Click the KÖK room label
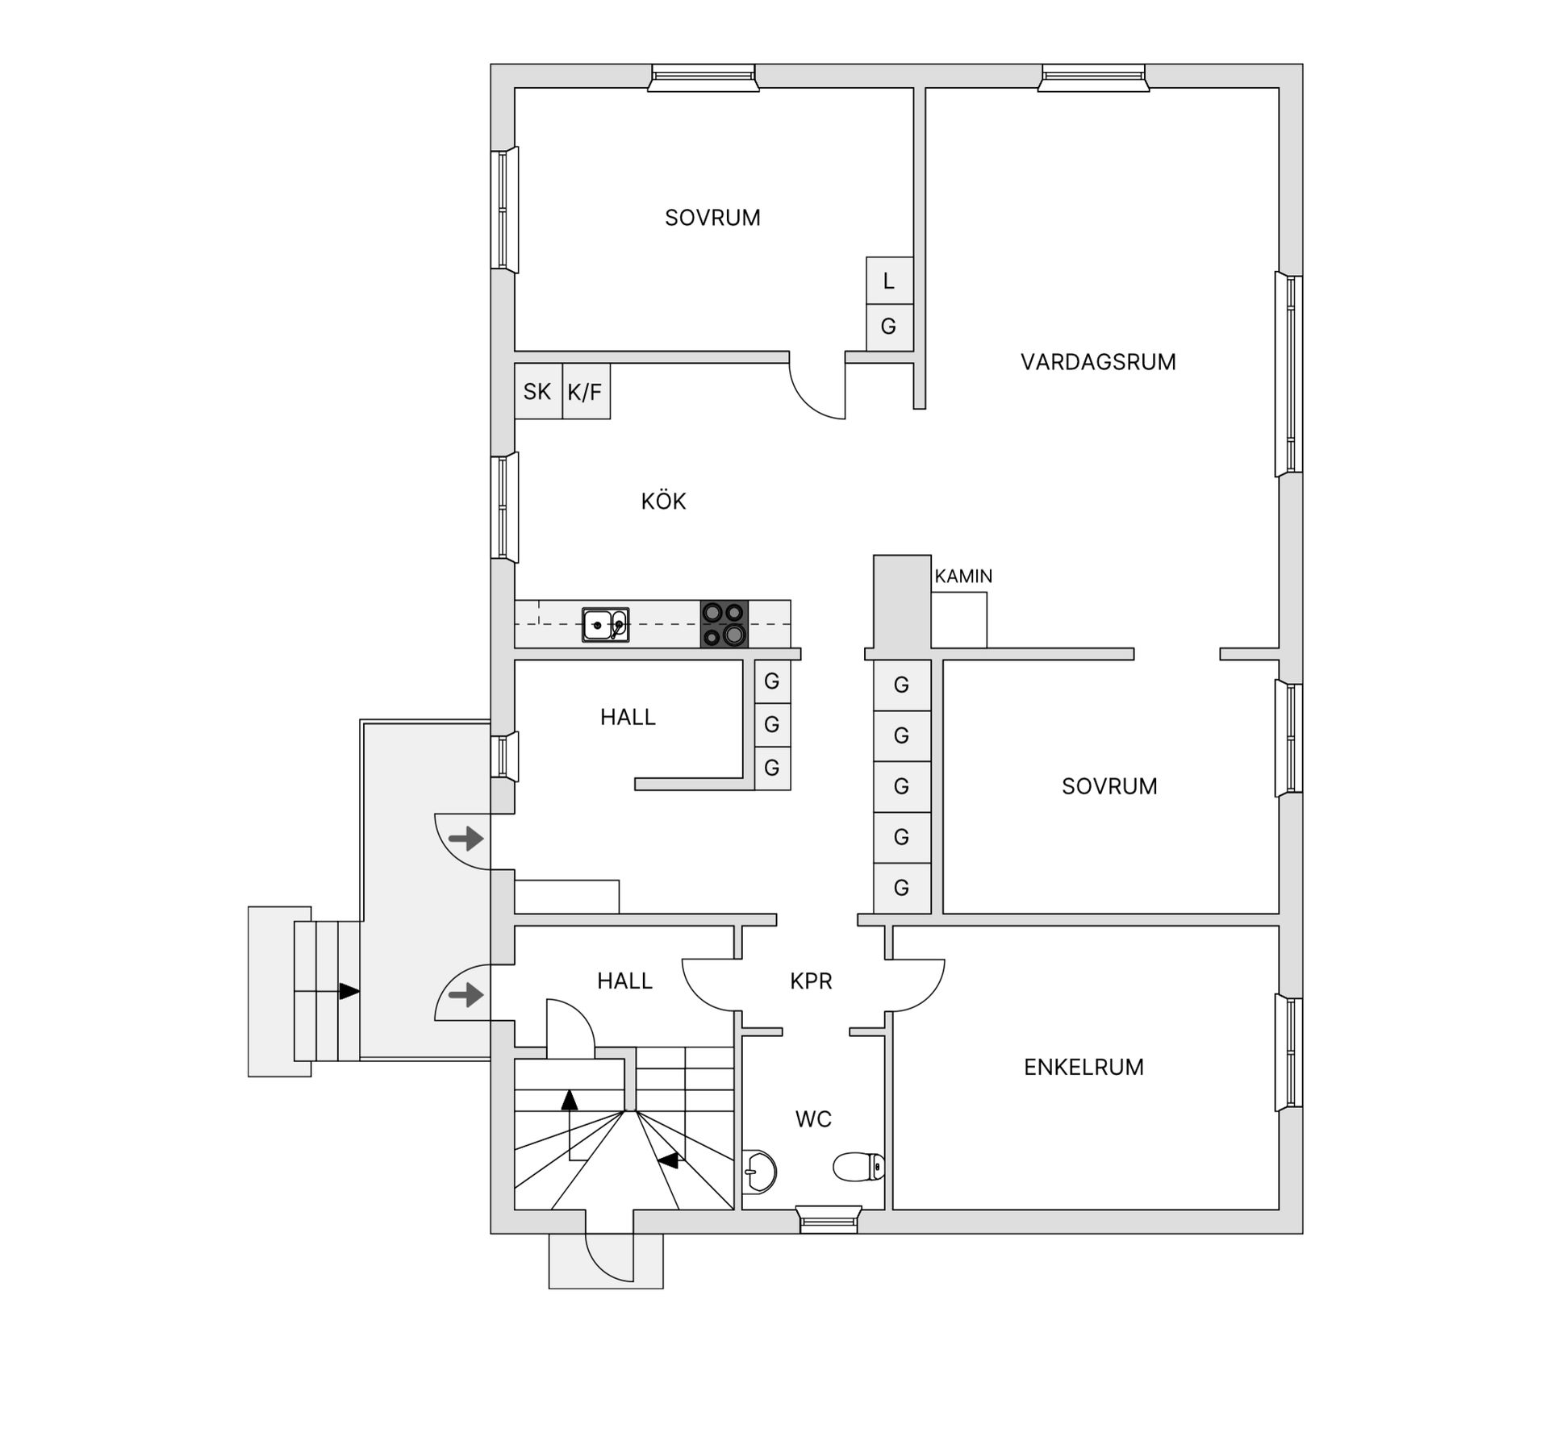663,502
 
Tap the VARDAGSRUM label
1097,362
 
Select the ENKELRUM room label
1083,1068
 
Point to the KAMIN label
963,577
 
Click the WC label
813,1119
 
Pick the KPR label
811,981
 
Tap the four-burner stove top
724,624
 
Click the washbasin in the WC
759,1170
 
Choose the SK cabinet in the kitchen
537,392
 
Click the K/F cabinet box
586,392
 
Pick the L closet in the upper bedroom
889,281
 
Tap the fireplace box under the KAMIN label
959,620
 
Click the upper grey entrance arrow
466,839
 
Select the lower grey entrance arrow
466,996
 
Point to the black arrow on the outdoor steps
349,991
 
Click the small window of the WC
829,1219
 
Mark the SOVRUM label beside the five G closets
1109,786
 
